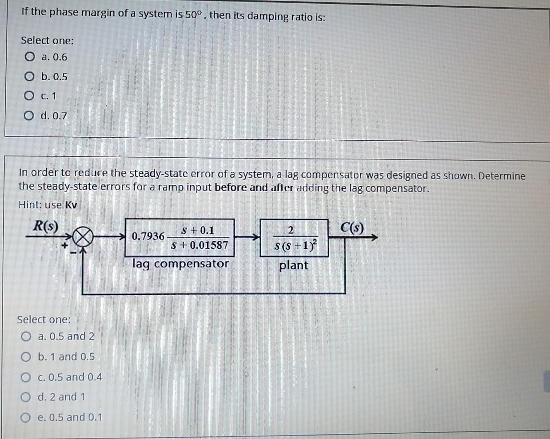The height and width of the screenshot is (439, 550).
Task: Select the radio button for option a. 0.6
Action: (30, 58)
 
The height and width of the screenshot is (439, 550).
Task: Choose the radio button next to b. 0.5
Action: (30, 77)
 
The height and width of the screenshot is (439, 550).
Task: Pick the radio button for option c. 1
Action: (30, 96)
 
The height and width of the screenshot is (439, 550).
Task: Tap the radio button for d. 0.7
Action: (30, 116)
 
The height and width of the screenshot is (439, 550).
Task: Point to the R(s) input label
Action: (45, 226)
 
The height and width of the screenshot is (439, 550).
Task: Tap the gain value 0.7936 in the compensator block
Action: (148, 237)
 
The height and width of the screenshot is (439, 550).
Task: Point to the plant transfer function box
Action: (294, 237)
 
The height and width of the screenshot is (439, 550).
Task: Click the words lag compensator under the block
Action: (180, 264)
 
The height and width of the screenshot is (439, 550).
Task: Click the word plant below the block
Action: (293, 265)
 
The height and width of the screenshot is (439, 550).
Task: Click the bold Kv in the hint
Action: (71, 205)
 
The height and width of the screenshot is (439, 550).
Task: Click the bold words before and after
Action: (254, 188)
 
